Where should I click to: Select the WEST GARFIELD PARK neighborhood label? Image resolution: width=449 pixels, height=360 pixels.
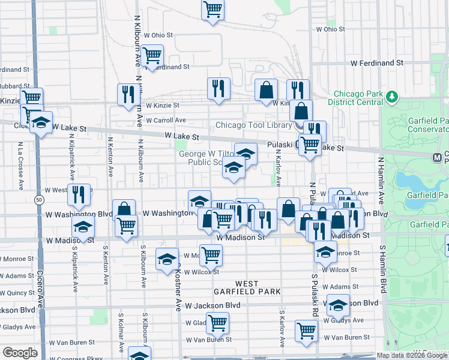coord(247,287)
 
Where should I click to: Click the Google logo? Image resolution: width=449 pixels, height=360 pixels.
coord(20,353)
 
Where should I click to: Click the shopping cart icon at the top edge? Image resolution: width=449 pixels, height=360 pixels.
coord(212,10)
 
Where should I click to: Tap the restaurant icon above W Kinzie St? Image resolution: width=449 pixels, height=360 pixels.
coord(218,88)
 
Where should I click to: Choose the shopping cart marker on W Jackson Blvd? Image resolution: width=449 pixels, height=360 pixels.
coord(217,322)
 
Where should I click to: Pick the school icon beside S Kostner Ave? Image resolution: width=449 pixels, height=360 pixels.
coord(167,259)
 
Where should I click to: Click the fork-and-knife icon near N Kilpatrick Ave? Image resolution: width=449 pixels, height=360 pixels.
coord(79,194)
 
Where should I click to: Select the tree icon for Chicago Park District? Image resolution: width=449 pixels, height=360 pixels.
coord(392,96)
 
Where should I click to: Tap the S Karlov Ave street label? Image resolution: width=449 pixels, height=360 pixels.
coord(281,328)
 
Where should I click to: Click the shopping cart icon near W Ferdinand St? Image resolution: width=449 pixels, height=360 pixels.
coord(152,55)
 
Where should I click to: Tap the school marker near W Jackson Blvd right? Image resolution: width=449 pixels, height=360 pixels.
coord(338,305)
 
